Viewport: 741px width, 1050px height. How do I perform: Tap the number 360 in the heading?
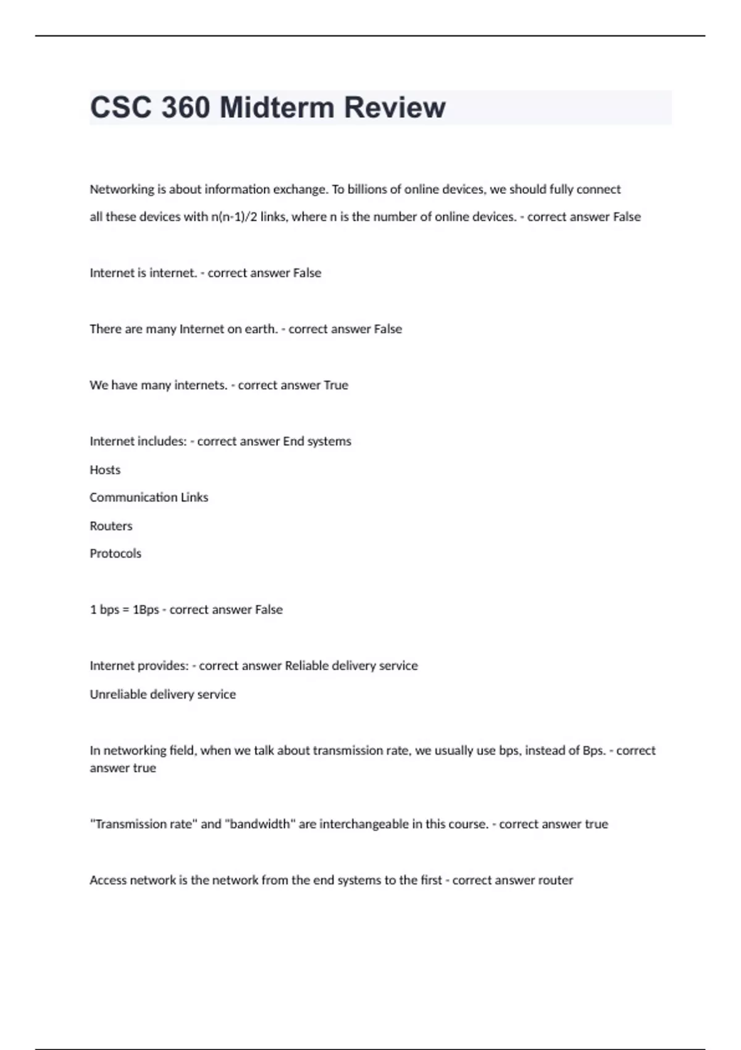[x=185, y=107]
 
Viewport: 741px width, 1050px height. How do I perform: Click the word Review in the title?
[x=395, y=107]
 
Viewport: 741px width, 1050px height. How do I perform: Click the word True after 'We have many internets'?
[x=336, y=385]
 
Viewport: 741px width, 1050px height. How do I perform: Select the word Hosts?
[x=105, y=470]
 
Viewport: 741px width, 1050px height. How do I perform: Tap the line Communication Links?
[x=149, y=497]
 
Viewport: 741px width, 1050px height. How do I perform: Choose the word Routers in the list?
[x=111, y=526]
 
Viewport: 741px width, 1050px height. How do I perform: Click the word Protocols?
[x=115, y=553]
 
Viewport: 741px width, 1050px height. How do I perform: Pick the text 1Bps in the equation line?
[x=146, y=610]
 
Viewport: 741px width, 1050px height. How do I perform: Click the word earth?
[x=261, y=329]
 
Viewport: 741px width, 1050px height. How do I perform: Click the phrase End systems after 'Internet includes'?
[x=317, y=441]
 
